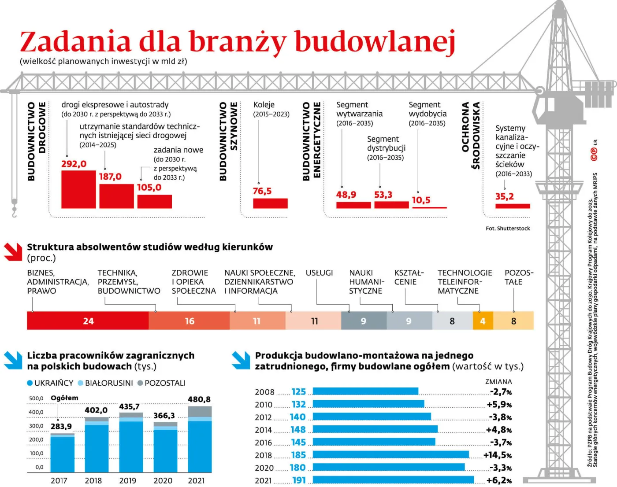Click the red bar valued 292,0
tap(78, 189)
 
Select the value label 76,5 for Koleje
tap(262, 191)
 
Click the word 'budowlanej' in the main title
tap(375, 42)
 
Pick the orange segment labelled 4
tap(483, 321)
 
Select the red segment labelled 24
tap(88, 321)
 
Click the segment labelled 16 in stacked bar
tap(189, 321)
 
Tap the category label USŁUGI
tap(319, 273)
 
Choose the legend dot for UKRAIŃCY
tap(30, 383)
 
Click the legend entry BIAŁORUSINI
tap(108, 383)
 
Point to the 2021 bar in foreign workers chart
tap(200, 440)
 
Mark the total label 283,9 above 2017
tap(61, 426)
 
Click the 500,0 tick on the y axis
tap(36, 398)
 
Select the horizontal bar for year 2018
tap(390, 455)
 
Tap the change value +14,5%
tap(497, 455)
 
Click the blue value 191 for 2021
tap(299, 480)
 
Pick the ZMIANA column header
tap(498, 382)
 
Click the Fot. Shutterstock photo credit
tap(508, 229)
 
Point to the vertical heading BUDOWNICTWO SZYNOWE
tap(228, 141)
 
